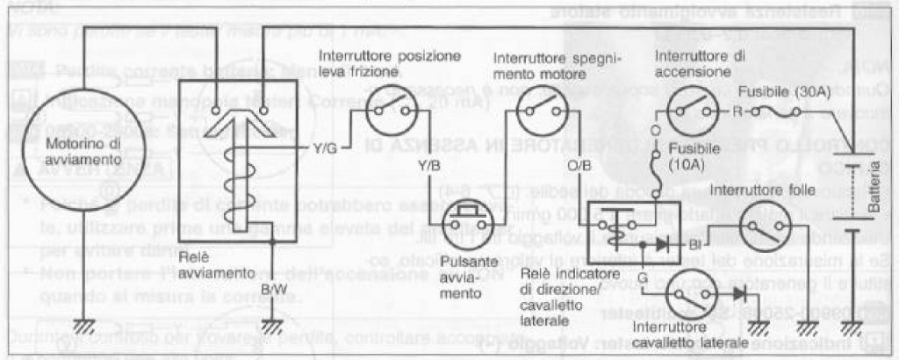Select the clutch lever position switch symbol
tap(382, 112)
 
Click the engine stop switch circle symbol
tap(536, 113)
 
